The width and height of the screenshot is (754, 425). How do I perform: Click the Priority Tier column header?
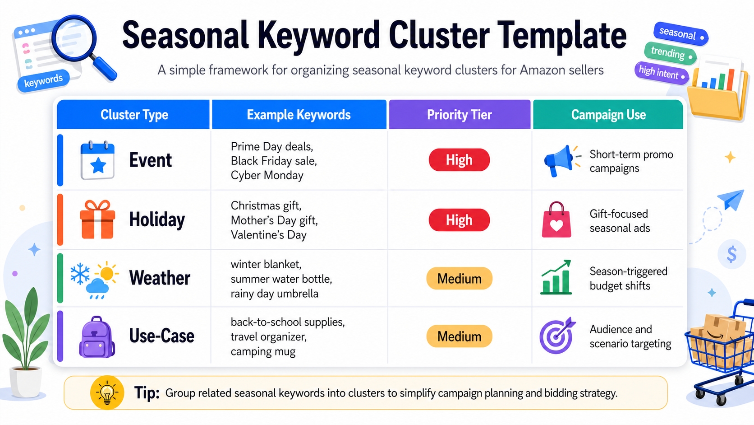[x=459, y=115]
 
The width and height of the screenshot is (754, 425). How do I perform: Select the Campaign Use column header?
[x=608, y=115]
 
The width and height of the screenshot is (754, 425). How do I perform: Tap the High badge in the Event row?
[x=459, y=160]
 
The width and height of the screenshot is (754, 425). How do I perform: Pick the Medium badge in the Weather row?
[x=459, y=279]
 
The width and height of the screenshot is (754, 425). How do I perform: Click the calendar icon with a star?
[x=97, y=161]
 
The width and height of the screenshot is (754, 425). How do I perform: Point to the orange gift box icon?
[x=97, y=220]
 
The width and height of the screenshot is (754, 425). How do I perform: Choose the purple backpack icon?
[x=97, y=337]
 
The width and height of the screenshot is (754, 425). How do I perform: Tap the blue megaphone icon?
[x=558, y=161]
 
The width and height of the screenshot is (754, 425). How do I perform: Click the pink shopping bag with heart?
[x=556, y=220]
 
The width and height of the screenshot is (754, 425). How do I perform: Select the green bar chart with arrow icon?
[x=556, y=278]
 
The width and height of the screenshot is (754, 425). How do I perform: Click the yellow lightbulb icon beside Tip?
[x=107, y=392]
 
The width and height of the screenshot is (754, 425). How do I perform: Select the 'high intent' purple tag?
[x=661, y=72]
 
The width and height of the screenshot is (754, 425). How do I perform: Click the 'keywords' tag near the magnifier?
[x=43, y=81]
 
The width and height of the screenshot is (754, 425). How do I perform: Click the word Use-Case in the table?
[x=161, y=336]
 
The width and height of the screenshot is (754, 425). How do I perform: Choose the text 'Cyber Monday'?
[x=267, y=175]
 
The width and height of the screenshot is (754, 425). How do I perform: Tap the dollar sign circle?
[x=731, y=254]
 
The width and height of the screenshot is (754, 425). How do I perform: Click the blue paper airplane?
[x=731, y=199]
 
